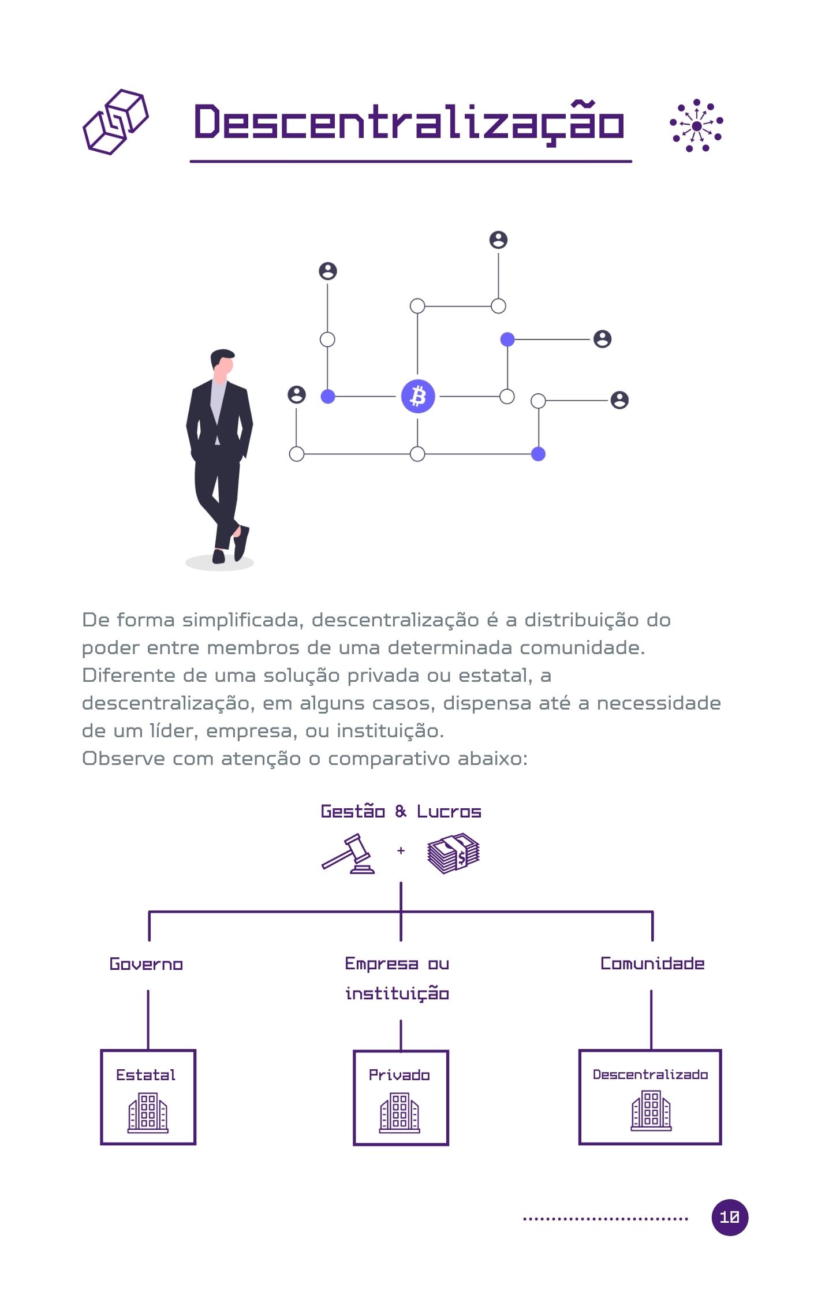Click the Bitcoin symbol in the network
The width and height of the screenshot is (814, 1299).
[417, 396]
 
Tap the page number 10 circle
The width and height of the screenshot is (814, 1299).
[729, 1217]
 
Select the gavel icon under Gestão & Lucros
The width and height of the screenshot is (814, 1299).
[349, 853]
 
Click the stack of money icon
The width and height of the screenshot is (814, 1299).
[453, 853]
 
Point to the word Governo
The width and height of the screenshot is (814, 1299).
[146, 964]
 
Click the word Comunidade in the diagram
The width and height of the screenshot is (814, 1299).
[652, 964]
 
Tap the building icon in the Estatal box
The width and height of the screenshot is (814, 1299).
[148, 1113]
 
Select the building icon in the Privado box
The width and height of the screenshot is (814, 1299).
[399, 1113]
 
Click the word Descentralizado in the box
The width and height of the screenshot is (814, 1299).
[650, 1074]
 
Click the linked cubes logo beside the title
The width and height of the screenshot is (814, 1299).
[115, 121]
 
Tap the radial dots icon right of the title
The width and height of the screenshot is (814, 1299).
[696, 125]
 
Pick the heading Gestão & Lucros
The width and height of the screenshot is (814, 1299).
[401, 811]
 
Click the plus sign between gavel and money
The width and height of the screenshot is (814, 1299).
[401, 850]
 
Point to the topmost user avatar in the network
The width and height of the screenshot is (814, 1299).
[498, 240]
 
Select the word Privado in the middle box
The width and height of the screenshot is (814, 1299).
[399, 1075]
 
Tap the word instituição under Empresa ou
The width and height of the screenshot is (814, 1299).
[397, 994]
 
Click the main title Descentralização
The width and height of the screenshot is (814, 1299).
[409, 122]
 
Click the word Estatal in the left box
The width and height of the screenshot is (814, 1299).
[145, 1075]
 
